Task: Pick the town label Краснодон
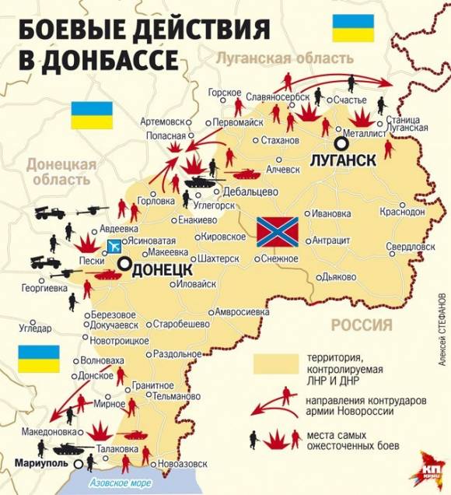point(403,212)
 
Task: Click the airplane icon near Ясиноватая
point(115,247)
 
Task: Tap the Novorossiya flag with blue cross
point(274,231)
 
